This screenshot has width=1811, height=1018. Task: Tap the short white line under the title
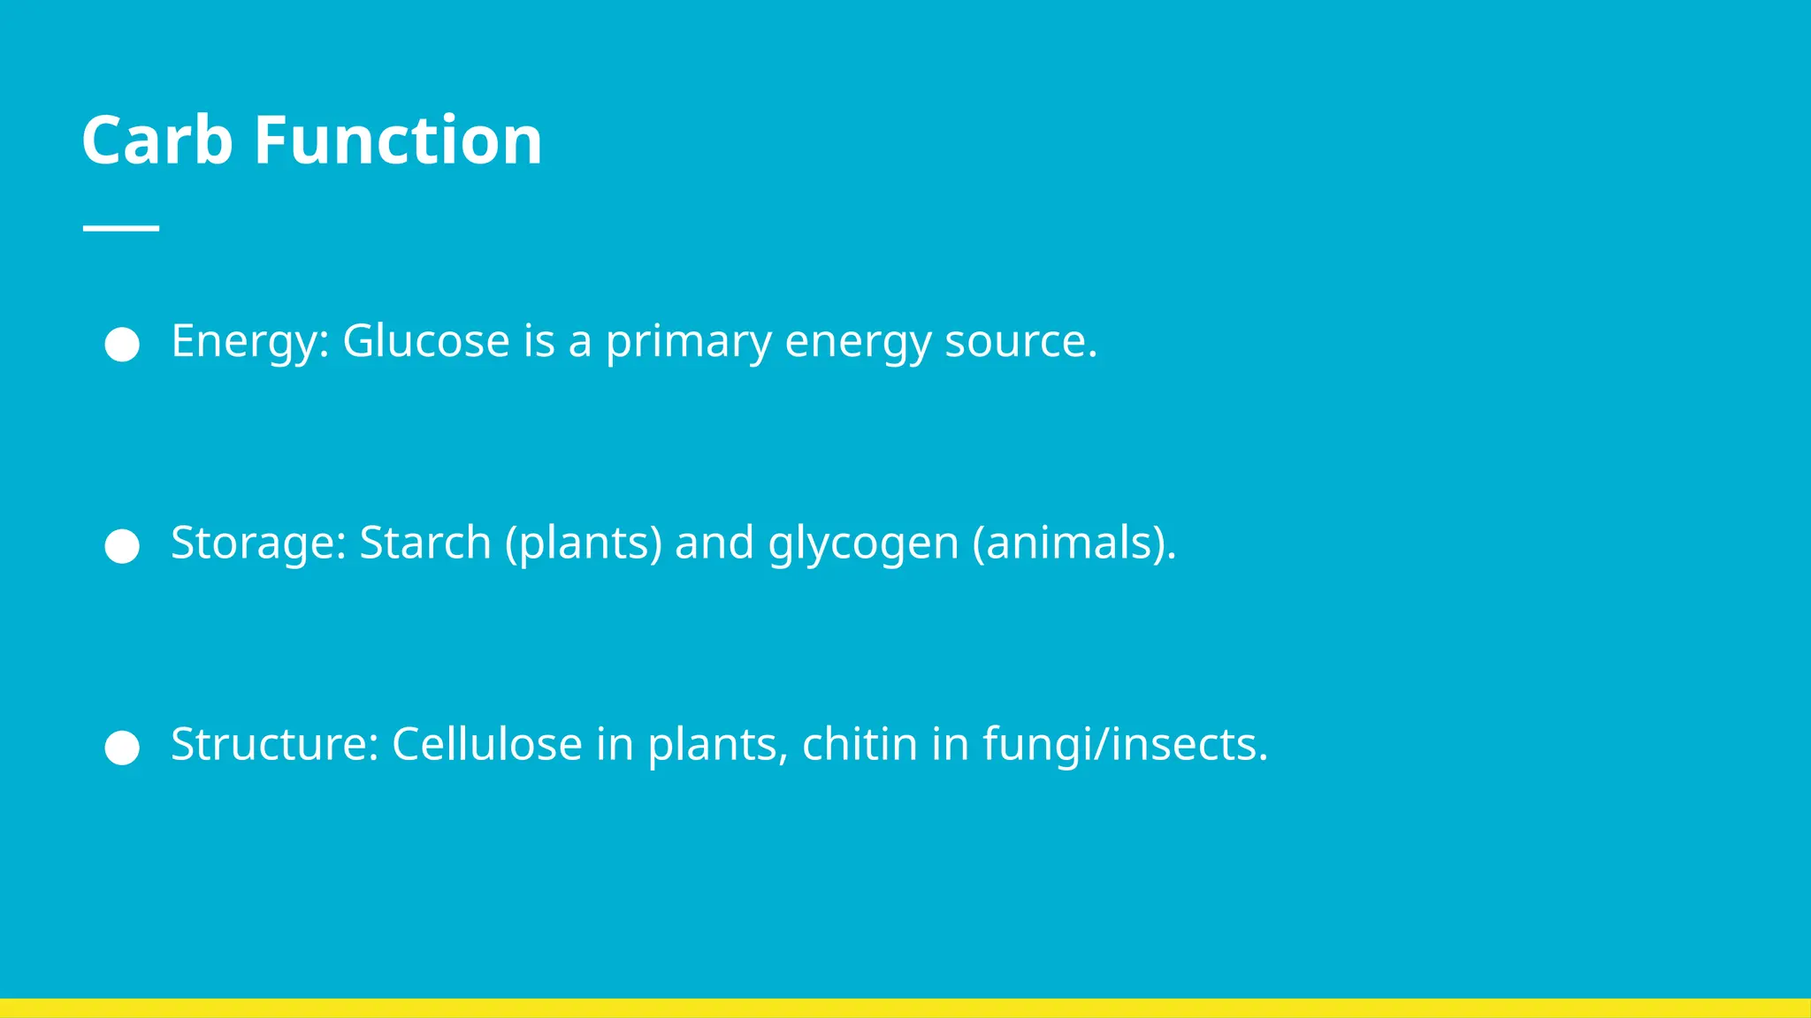click(x=121, y=228)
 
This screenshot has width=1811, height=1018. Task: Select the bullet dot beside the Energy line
click(x=122, y=345)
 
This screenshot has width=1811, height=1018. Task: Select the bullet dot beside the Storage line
click(x=122, y=546)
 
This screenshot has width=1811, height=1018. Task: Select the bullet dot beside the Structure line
click(x=122, y=748)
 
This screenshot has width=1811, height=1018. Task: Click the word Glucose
click(x=425, y=341)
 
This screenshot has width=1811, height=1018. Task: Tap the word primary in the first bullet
click(x=688, y=343)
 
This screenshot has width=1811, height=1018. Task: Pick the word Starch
click(x=424, y=543)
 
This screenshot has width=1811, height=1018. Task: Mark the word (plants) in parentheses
click(x=584, y=543)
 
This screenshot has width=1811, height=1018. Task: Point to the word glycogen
click(x=863, y=544)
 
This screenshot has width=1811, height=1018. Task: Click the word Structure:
click(x=275, y=744)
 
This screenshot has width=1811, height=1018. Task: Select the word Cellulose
click(x=487, y=744)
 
